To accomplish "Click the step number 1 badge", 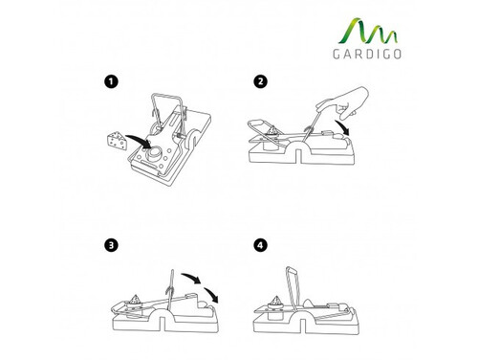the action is [x=111, y=81].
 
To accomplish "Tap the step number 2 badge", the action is [x=260, y=81].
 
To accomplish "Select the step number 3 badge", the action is [x=111, y=245].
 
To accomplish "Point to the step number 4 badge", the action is [x=260, y=245].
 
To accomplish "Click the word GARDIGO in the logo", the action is [x=367, y=55].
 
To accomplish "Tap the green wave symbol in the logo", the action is [x=368, y=32].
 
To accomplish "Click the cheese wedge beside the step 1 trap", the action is [x=117, y=141].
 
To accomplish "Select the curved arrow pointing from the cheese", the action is [x=138, y=141].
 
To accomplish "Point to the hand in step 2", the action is [x=345, y=101].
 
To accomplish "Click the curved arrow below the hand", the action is [x=342, y=127].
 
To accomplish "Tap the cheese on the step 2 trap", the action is [x=273, y=130].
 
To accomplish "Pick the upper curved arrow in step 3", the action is [x=191, y=278].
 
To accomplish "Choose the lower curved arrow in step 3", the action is [x=211, y=295].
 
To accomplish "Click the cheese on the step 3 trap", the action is [x=135, y=299].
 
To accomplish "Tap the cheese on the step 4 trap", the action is [x=275, y=300].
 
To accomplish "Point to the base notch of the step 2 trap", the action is [x=299, y=155].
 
